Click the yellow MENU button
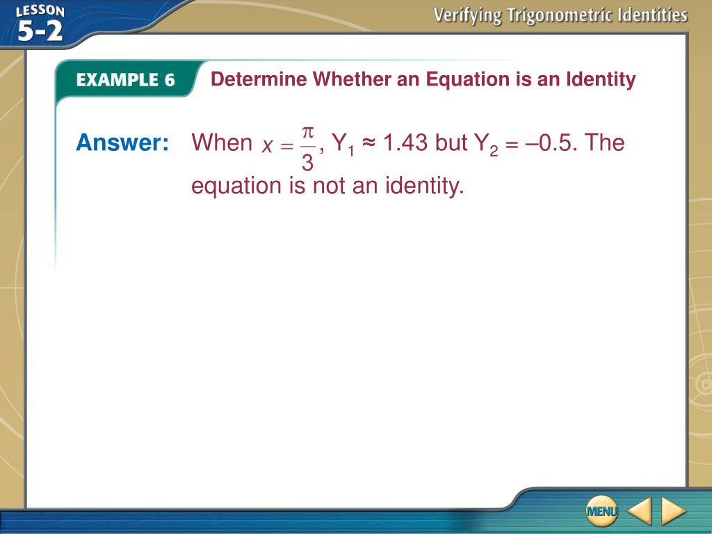tap(601, 511)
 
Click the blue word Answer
tap(122, 142)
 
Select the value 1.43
tap(405, 142)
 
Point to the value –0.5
tap(551, 142)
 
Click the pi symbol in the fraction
tap(308, 133)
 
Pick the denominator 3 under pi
tap(308, 161)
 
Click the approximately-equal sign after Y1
tap(369, 143)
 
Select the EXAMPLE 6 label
tap(125, 80)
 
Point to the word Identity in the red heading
tap(601, 80)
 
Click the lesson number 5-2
tap(40, 31)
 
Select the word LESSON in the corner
tap(40, 11)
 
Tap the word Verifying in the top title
tap(468, 16)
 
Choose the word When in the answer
tap(222, 142)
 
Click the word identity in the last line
tap(425, 186)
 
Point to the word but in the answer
tap(451, 142)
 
